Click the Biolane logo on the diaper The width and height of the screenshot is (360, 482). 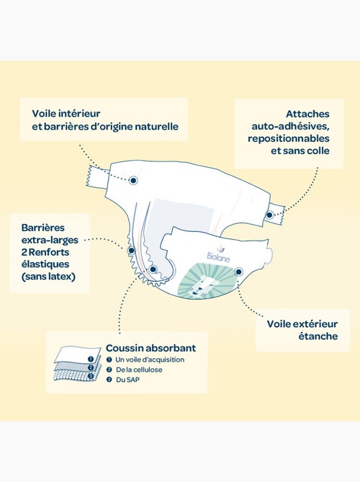(218, 254)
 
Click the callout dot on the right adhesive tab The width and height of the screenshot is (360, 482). (269, 215)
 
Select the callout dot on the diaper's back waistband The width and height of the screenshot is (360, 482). (133, 180)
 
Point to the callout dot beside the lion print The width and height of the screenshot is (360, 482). (238, 272)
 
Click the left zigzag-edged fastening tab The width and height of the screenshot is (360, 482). (97, 177)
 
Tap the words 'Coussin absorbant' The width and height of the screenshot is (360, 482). (150, 348)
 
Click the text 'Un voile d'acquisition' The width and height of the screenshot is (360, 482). (150, 360)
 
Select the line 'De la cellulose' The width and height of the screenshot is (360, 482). (139, 370)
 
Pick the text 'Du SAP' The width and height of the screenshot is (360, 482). (127, 380)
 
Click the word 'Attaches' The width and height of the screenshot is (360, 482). (307, 114)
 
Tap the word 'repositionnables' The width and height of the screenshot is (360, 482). (289, 138)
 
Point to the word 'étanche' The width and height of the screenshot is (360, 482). (318, 336)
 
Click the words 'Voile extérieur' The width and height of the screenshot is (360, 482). (302, 323)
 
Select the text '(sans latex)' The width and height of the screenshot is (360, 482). (48, 277)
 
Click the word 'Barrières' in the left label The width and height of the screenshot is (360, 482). (43, 228)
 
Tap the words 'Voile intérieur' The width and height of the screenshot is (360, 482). (66, 113)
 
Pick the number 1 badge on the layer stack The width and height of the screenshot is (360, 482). (90, 359)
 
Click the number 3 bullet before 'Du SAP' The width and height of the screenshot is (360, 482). (109, 380)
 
